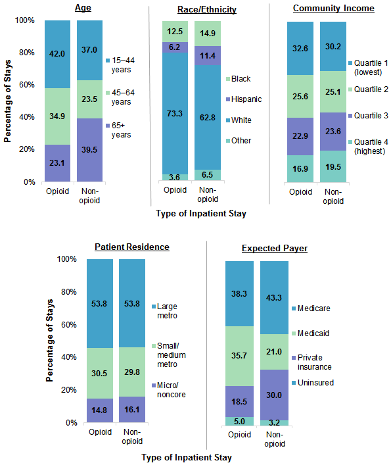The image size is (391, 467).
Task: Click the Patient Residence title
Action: tap(132, 247)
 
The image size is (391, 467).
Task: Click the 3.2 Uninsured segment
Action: tap(275, 423)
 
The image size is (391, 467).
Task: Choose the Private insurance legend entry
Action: tap(315, 362)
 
